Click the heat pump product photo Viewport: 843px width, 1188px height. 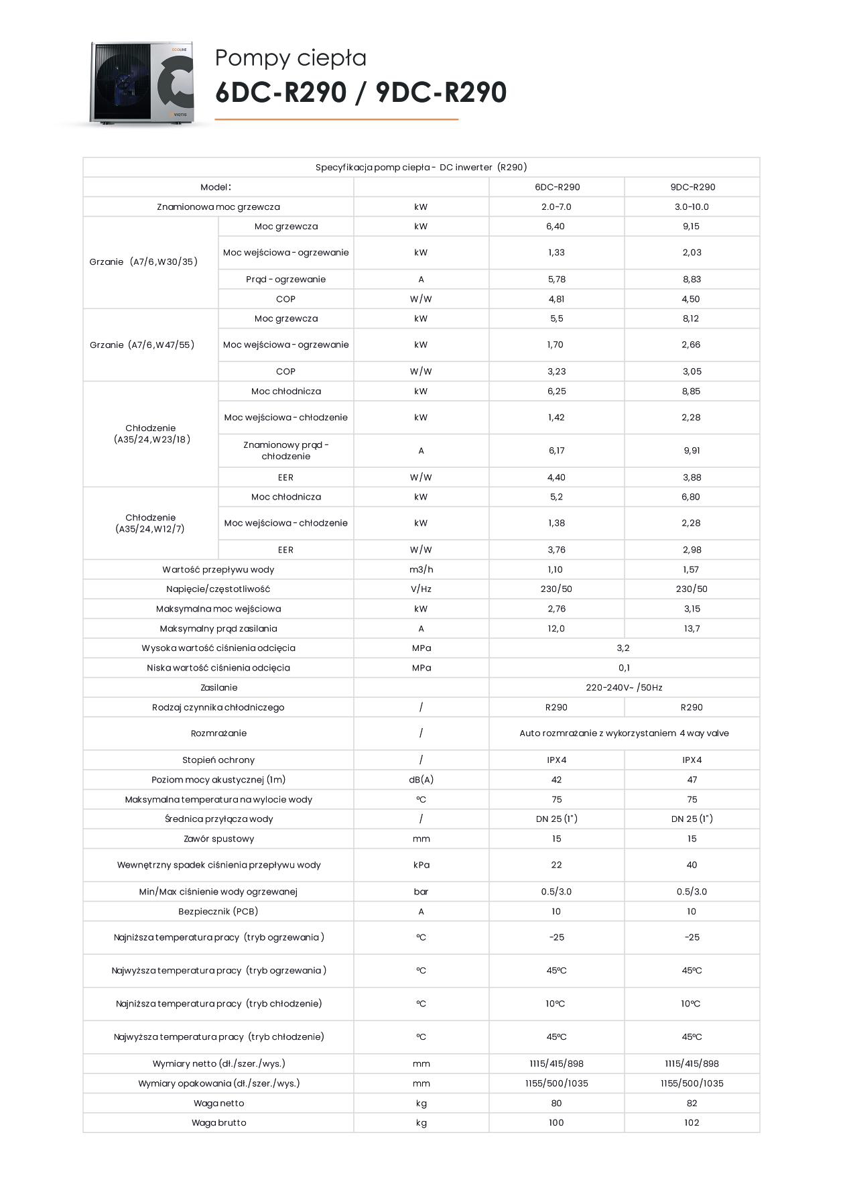[x=142, y=82]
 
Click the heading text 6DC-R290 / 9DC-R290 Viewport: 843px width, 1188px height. [x=361, y=93]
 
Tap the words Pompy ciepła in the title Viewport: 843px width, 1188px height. [x=290, y=58]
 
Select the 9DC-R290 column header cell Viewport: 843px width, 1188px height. [x=692, y=187]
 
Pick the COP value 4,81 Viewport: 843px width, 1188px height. [x=556, y=299]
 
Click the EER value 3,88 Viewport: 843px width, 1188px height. [x=692, y=477]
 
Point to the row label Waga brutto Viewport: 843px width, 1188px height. [x=218, y=1122]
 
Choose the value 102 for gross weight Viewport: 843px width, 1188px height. [x=692, y=1122]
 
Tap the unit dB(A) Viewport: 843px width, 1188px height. [x=421, y=780]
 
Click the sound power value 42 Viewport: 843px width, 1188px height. [x=556, y=780]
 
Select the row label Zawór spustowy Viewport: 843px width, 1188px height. [x=218, y=839]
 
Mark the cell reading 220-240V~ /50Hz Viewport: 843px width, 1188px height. [x=624, y=687]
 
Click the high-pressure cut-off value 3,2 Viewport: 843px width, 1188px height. [x=623, y=648]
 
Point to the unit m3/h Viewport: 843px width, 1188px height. [x=421, y=569]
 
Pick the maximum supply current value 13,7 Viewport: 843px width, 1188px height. [x=692, y=628]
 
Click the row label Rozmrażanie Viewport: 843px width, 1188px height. [x=218, y=733]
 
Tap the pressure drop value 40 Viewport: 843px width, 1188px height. [x=692, y=865]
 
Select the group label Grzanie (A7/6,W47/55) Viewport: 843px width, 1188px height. [x=142, y=345]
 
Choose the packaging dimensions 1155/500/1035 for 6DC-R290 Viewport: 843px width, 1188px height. [x=556, y=1083]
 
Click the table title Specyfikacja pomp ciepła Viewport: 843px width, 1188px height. [x=421, y=167]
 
